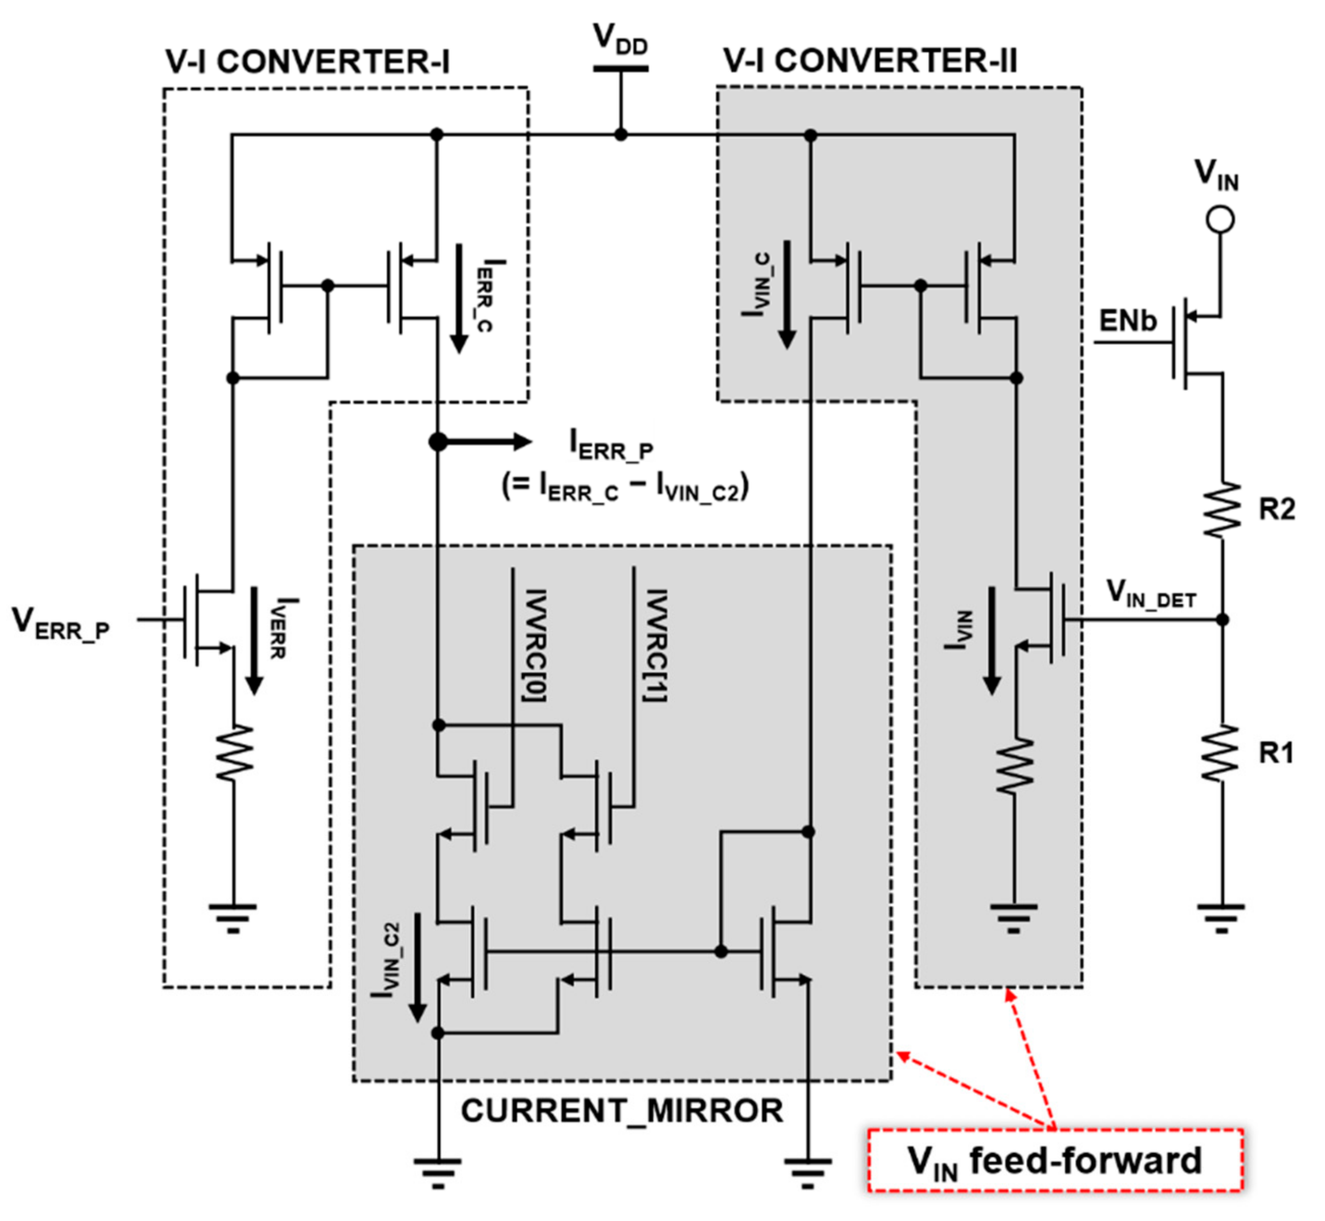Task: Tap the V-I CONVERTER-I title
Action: click(x=308, y=63)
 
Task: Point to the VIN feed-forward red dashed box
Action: click(x=1055, y=1161)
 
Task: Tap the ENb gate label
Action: click(x=1127, y=322)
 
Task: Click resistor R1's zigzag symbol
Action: click(x=1221, y=753)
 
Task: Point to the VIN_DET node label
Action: click(x=1151, y=593)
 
